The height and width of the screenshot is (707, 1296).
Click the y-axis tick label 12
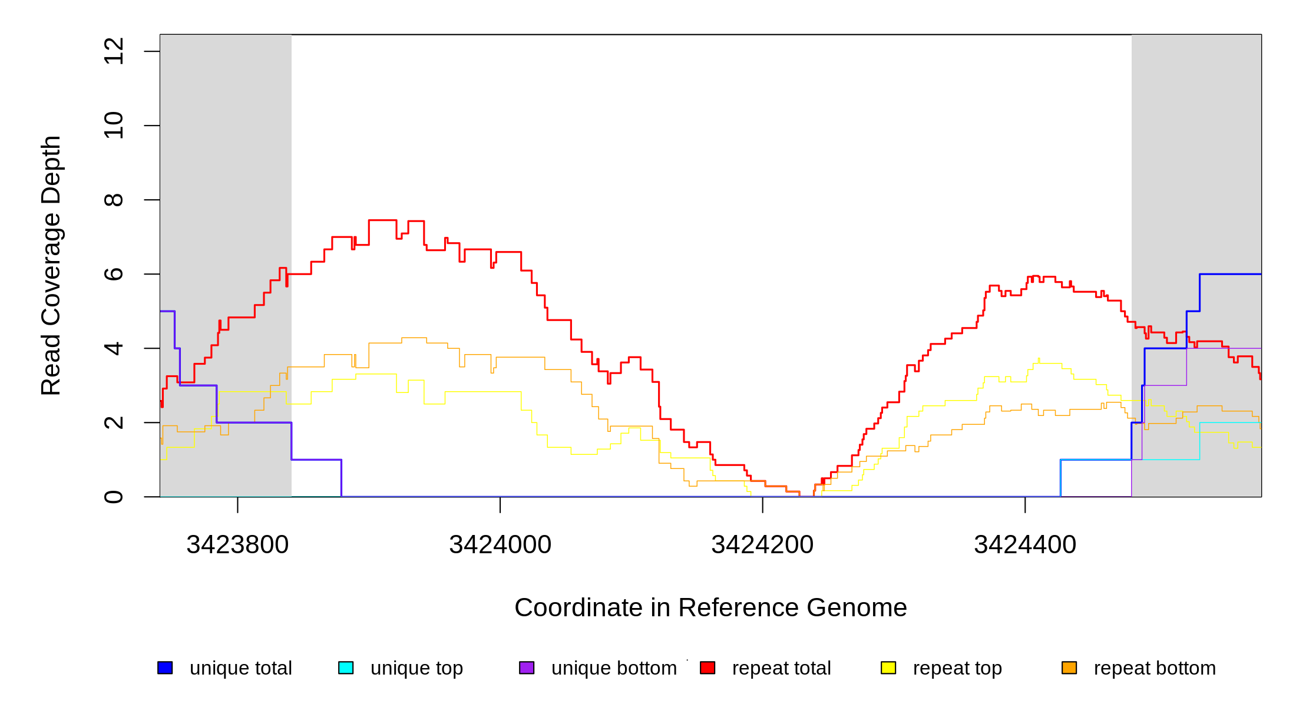[x=113, y=51]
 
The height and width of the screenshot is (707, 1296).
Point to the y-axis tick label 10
[x=113, y=125]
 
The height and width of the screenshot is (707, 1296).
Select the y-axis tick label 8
[x=113, y=200]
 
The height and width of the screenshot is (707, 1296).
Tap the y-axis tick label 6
[x=113, y=274]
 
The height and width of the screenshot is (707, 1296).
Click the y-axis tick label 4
[x=113, y=348]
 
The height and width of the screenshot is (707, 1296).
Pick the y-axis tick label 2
[x=113, y=422]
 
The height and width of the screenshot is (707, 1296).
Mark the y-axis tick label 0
[x=113, y=497]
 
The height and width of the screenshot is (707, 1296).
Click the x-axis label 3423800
[x=237, y=544]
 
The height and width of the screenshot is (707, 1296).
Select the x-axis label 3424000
[x=500, y=544]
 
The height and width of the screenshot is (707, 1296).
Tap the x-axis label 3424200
[x=762, y=544]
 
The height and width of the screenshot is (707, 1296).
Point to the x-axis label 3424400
[x=1025, y=544]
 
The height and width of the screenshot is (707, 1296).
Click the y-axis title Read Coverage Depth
[x=51, y=265]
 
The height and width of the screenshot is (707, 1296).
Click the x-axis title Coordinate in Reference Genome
[x=710, y=607]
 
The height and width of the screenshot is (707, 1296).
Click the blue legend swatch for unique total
[x=165, y=668]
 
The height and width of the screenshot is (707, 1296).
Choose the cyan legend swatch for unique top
[x=346, y=668]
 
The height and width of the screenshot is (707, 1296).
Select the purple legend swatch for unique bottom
[x=527, y=668]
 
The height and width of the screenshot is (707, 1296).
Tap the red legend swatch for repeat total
[x=707, y=668]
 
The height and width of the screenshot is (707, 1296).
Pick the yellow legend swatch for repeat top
[x=888, y=668]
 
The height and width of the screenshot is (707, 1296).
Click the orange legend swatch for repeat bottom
[x=1069, y=668]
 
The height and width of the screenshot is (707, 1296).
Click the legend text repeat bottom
[x=1155, y=668]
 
